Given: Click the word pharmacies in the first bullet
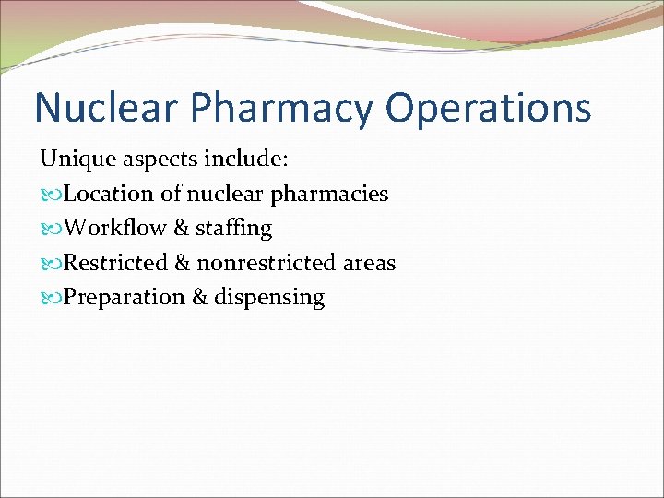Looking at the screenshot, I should (x=334, y=195).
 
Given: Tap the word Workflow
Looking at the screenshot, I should (x=115, y=228).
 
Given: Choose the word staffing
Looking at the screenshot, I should (x=233, y=229).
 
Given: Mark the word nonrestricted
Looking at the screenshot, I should (x=267, y=263).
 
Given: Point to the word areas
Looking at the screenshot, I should (x=369, y=264).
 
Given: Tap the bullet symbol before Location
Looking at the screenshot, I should (x=52, y=195).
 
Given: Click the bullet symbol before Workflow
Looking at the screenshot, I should (x=52, y=229).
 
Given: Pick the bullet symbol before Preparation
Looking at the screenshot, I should (x=52, y=298).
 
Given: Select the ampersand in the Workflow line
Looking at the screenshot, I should (x=182, y=228).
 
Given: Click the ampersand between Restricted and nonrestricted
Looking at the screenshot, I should (x=183, y=263).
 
